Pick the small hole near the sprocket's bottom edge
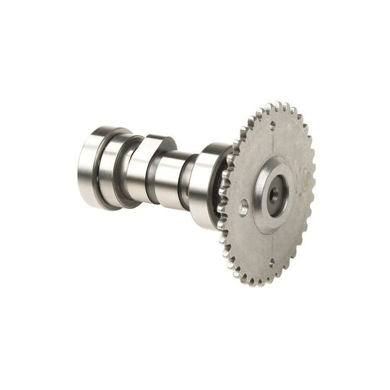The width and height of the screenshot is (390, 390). click(271, 263)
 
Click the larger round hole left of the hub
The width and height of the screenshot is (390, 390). click(243, 207)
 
